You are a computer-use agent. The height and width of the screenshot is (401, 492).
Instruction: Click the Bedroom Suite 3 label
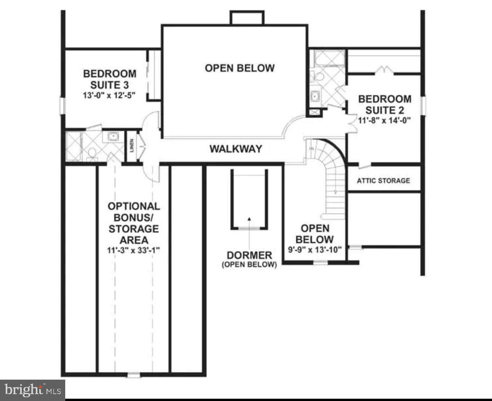pyautogui.click(x=109, y=79)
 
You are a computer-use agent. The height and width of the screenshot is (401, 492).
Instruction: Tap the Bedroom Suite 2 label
pyautogui.click(x=384, y=105)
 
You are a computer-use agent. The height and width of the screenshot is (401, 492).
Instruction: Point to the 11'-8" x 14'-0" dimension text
pyautogui.click(x=384, y=120)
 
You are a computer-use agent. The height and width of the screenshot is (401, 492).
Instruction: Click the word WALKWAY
pyautogui.click(x=236, y=149)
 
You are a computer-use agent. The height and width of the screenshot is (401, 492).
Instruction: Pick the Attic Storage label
pyautogui.click(x=383, y=180)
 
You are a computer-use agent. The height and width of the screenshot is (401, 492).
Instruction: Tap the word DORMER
pyautogui.click(x=249, y=255)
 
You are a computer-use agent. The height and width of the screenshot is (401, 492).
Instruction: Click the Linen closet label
pyautogui.click(x=132, y=145)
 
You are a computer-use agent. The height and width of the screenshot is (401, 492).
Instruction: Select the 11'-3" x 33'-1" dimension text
pyautogui.click(x=133, y=251)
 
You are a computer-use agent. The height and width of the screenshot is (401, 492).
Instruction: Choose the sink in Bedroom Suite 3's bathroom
pyautogui.click(x=113, y=136)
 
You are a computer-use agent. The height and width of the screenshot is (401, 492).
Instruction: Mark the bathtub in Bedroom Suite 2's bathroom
pyautogui.click(x=329, y=59)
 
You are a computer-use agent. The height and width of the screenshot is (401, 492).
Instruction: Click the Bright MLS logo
pyautogui.click(x=32, y=390)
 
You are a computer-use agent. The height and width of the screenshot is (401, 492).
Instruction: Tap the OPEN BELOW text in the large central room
pyautogui.click(x=240, y=68)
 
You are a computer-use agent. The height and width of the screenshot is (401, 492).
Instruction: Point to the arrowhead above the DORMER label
pyautogui.click(x=249, y=219)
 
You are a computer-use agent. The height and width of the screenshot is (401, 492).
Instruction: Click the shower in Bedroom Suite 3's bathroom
pyautogui.click(x=73, y=146)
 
